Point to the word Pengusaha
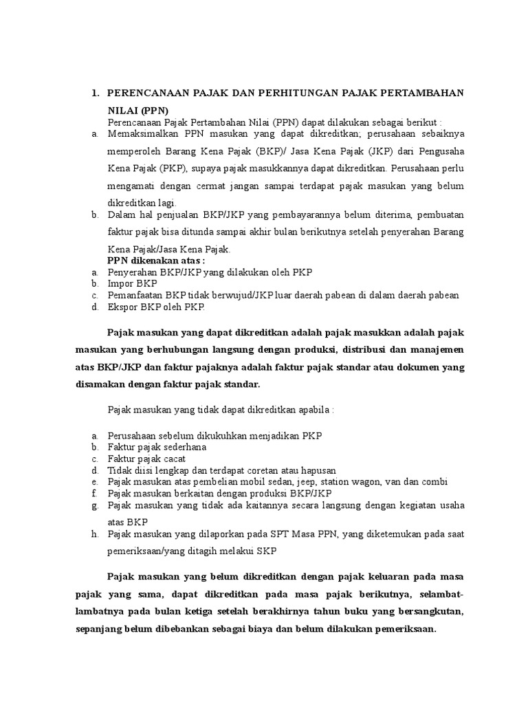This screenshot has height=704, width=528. tap(441, 151)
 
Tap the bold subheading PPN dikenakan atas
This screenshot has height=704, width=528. tap(156, 261)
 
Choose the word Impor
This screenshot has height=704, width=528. tap(120, 283)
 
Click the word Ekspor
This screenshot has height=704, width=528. tap(122, 306)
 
